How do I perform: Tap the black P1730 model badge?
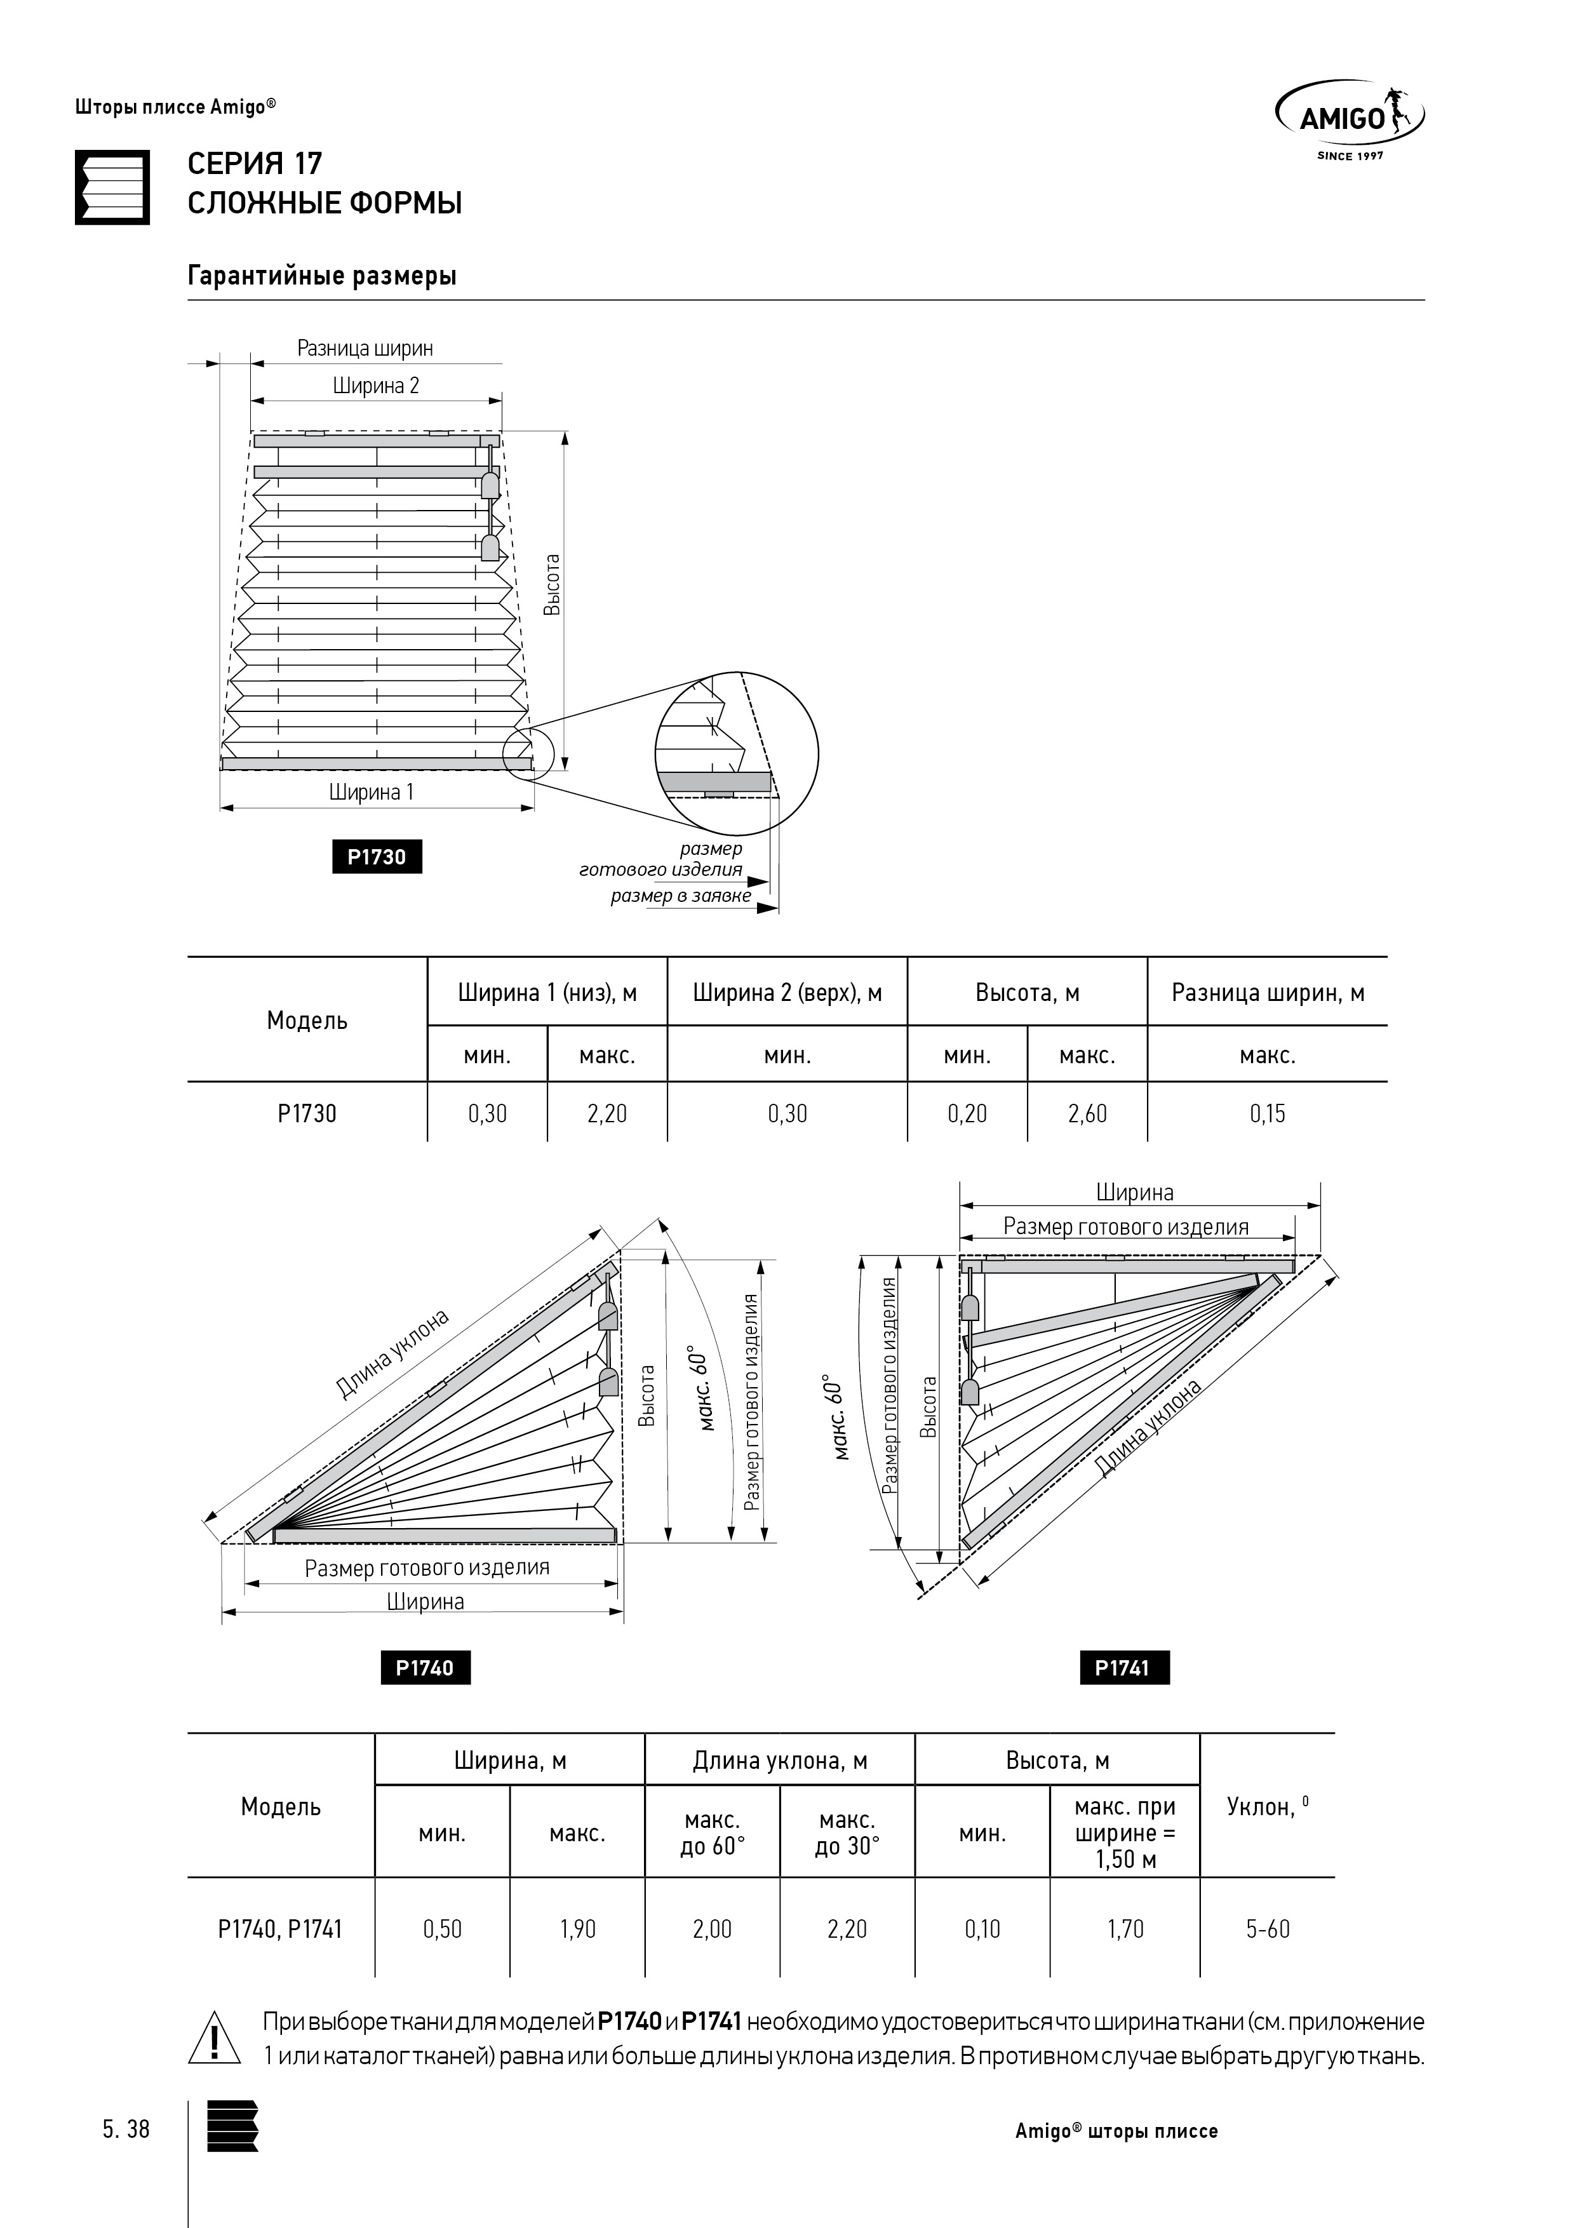click(x=377, y=857)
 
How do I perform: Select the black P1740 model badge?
click(x=425, y=1667)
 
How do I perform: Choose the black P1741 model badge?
click(x=1123, y=1667)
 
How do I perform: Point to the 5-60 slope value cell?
click(x=1268, y=1928)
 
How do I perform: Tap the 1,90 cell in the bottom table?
click(x=577, y=1928)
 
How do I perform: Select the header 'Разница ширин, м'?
click(x=1268, y=993)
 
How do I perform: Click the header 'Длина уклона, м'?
click(x=779, y=1761)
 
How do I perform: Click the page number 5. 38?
click(x=126, y=2129)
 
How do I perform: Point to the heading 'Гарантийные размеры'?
click(x=321, y=276)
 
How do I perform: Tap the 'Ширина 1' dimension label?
click(x=371, y=792)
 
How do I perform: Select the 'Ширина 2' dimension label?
click(x=375, y=386)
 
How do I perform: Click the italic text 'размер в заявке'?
click(x=680, y=895)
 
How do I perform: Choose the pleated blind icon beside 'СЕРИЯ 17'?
click(x=112, y=187)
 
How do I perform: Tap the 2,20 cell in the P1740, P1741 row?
click(x=847, y=1928)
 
